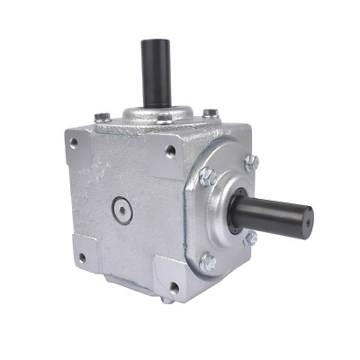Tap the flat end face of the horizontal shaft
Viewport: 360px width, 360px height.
(x=307, y=216)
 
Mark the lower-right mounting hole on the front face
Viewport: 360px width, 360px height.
(x=172, y=288)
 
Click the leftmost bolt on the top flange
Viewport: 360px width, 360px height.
(x=103, y=115)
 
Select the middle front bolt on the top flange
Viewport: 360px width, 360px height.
(x=165, y=118)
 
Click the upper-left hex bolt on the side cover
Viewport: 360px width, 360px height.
(x=206, y=176)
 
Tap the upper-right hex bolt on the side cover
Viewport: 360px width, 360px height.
(x=251, y=162)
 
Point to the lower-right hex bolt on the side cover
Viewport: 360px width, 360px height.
(x=250, y=238)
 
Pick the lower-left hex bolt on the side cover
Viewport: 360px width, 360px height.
(x=208, y=263)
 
